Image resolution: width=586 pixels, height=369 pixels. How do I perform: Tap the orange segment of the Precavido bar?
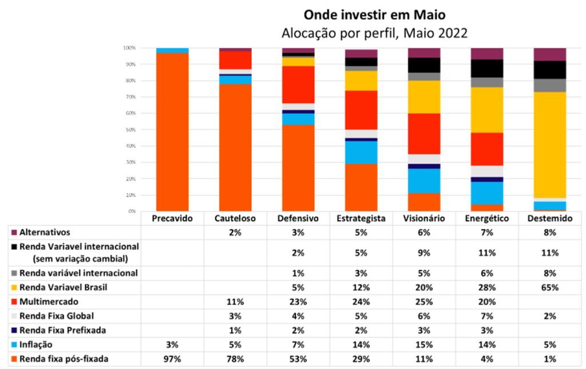coord(172,132)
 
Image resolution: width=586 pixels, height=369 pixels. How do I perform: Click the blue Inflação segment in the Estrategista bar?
coord(361,152)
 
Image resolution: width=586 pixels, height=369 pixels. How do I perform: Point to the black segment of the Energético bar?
coord(487,68)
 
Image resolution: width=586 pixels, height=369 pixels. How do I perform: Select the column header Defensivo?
coord(298,218)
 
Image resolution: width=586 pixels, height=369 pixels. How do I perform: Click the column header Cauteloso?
coord(235,218)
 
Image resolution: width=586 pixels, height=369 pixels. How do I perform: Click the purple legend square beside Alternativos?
coord(14,233)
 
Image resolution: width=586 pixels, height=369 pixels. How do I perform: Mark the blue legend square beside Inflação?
coord(14,345)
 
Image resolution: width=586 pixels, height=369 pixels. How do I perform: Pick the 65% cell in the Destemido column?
coord(550,288)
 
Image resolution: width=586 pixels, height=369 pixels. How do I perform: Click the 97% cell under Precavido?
coord(172,359)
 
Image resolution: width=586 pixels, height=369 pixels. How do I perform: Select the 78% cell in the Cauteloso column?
coord(235,359)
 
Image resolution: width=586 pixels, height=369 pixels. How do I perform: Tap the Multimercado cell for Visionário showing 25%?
coord(424,301)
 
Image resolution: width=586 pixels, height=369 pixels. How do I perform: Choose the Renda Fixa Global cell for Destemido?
coord(550,316)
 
